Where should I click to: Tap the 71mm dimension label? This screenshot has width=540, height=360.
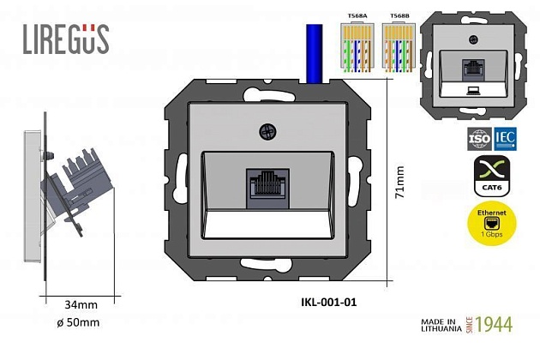399,182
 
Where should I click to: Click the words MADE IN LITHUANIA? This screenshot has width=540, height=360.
442,326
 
